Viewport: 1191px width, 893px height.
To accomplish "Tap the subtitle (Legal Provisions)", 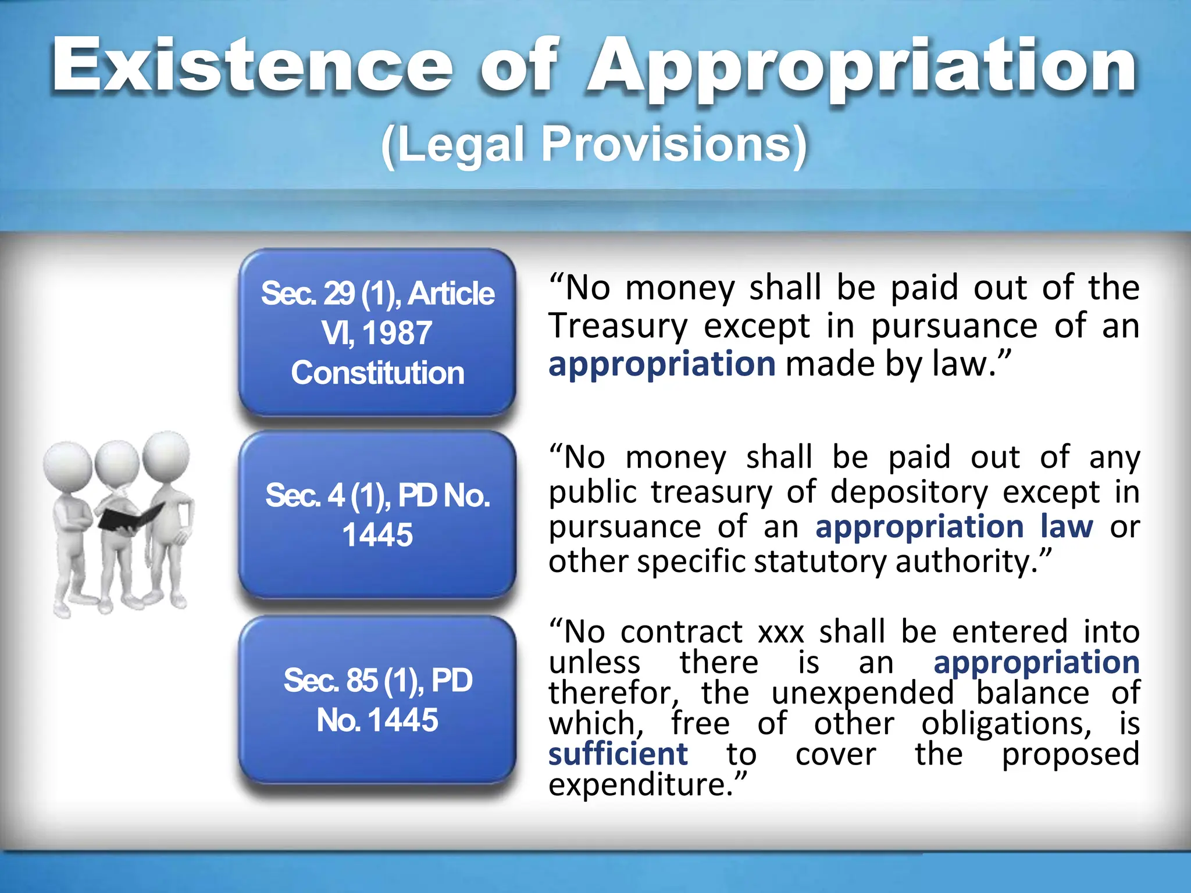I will [594, 144].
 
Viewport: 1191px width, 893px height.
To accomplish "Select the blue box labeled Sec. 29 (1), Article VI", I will [377, 332].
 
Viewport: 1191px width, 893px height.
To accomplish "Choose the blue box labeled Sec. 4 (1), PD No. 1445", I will [377, 515].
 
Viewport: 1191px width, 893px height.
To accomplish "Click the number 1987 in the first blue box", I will [397, 333].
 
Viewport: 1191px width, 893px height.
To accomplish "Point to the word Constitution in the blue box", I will [377, 373].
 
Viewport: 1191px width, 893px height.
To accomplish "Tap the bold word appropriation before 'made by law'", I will [662, 365].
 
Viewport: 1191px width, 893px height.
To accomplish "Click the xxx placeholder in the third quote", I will [781, 632].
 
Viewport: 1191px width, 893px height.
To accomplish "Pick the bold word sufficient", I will [618, 754].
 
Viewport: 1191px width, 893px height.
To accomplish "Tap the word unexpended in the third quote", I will [862, 693].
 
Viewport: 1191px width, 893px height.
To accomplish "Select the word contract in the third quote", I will [682, 632].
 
